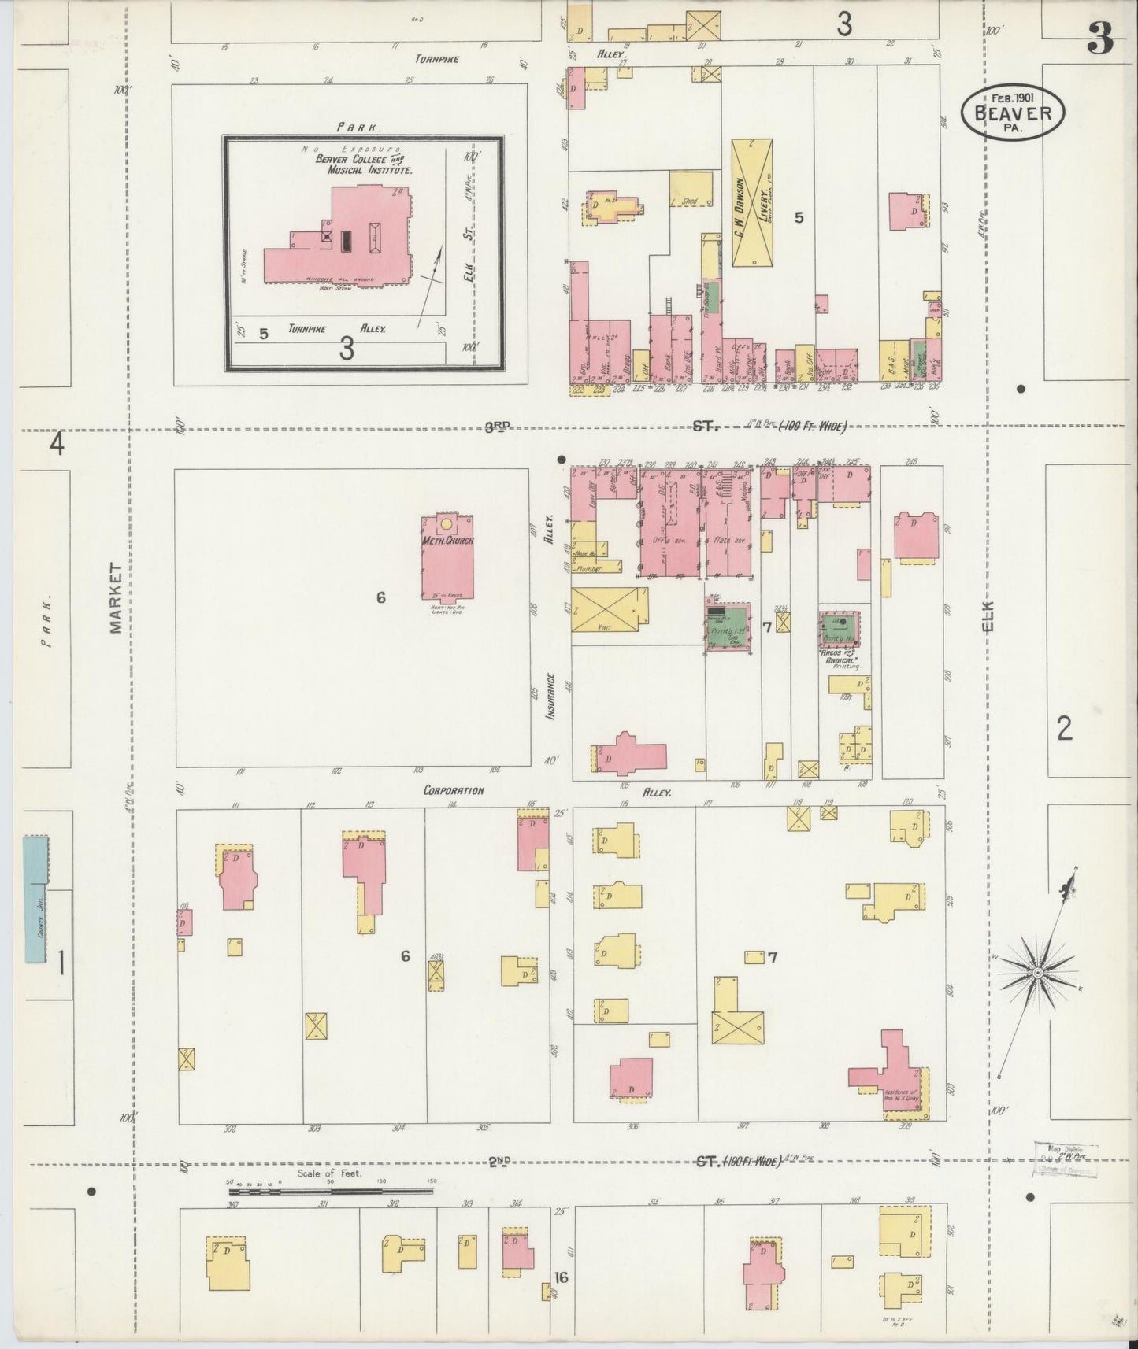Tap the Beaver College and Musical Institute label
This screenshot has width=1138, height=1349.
(x=364, y=164)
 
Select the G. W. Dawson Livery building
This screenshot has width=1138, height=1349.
(x=752, y=202)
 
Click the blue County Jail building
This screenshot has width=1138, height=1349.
(x=35, y=900)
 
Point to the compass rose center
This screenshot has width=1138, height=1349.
(x=1038, y=974)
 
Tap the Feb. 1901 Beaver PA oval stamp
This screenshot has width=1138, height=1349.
(x=1012, y=113)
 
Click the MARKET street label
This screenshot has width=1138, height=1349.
(x=117, y=597)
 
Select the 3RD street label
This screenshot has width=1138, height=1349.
(x=498, y=427)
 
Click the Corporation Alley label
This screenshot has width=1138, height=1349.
(x=454, y=790)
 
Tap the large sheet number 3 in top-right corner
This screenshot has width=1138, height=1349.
(x=1100, y=39)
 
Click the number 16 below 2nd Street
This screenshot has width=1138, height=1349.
(x=561, y=1277)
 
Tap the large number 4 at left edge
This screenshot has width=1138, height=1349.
(x=57, y=445)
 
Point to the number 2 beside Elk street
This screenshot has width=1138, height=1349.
(x=1064, y=729)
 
